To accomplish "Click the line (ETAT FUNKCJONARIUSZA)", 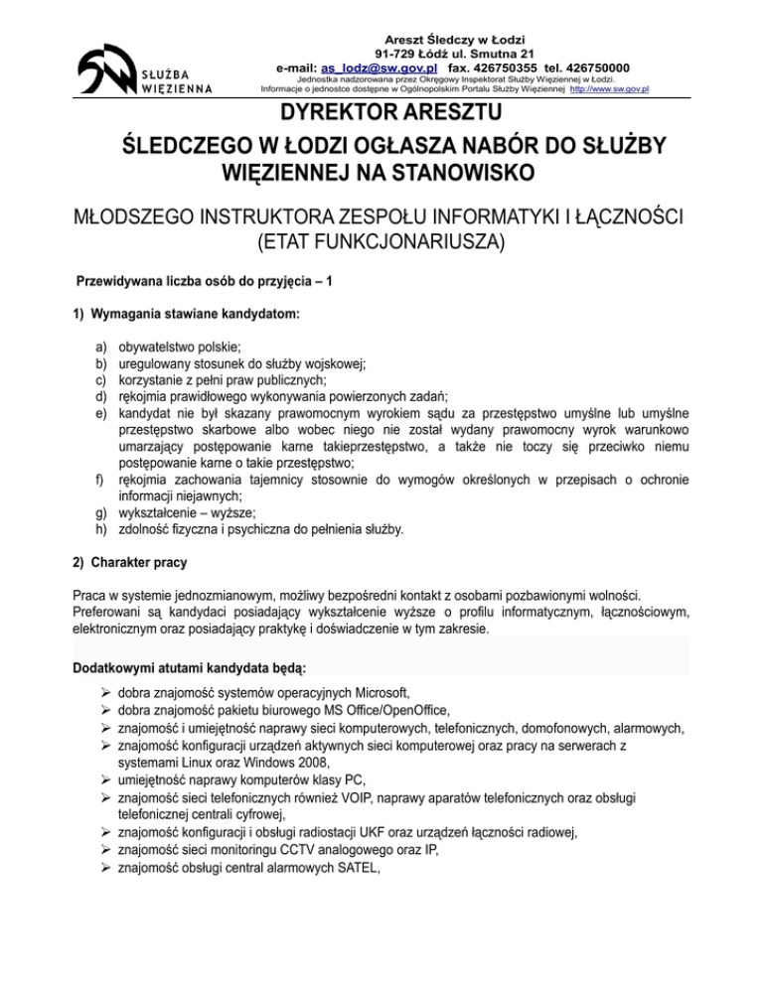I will [x=381, y=238].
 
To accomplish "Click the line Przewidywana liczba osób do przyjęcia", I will [x=204, y=281].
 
